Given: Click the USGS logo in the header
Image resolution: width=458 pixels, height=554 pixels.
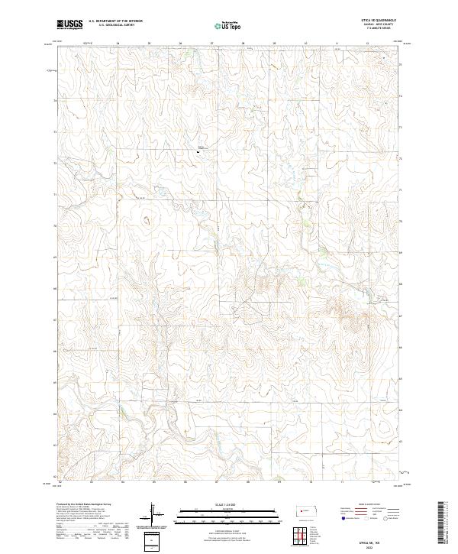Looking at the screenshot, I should tap(69, 24).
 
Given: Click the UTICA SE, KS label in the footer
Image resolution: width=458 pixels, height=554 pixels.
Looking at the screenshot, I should tap(366, 541).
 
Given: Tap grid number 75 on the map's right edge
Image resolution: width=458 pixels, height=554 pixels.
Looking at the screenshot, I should tap(402, 67).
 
